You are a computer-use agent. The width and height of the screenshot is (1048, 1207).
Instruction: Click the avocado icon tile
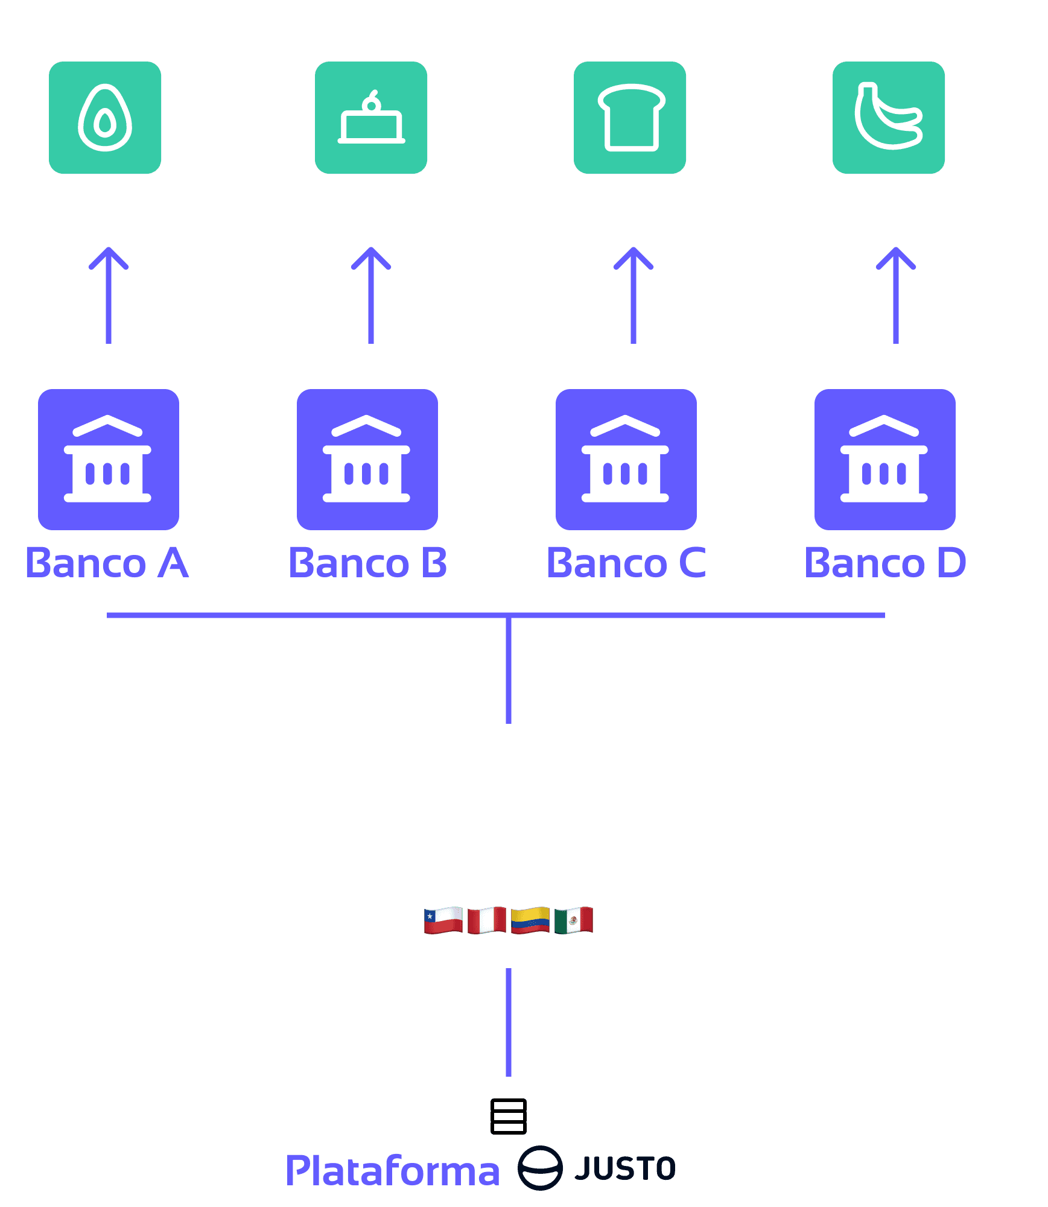click(x=105, y=118)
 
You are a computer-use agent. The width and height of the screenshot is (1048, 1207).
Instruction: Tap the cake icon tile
click(x=371, y=118)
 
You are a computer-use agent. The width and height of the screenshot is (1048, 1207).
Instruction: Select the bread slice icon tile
click(x=630, y=118)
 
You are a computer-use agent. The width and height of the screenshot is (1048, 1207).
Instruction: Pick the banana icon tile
click(x=889, y=118)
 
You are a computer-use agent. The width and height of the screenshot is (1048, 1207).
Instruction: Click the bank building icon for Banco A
click(x=109, y=459)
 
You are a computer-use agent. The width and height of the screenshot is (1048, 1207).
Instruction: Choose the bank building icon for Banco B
click(x=367, y=459)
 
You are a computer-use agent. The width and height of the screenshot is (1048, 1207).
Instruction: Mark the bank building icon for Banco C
click(x=626, y=459)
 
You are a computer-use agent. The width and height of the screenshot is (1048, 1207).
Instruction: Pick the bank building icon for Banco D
click(x=885, y=459)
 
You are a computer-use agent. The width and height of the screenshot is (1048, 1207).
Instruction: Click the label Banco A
click(x=107, y=563)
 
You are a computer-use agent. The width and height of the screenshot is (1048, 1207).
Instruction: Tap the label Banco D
click(x=885, y=563)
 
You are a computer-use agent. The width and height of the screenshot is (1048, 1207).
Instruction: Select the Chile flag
click(x=443, y=920)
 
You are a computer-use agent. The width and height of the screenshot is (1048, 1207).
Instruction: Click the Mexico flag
click(x=574, y=920)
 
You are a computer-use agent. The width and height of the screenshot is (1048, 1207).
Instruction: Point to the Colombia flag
click(x=530, y=920)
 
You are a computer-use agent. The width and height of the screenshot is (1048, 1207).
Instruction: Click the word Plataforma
click(x=393, y=1170)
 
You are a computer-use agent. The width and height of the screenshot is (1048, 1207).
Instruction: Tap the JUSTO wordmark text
click(x=625, y=1168)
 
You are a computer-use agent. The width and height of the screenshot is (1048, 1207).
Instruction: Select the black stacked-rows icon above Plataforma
click(x=509, y=1117)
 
